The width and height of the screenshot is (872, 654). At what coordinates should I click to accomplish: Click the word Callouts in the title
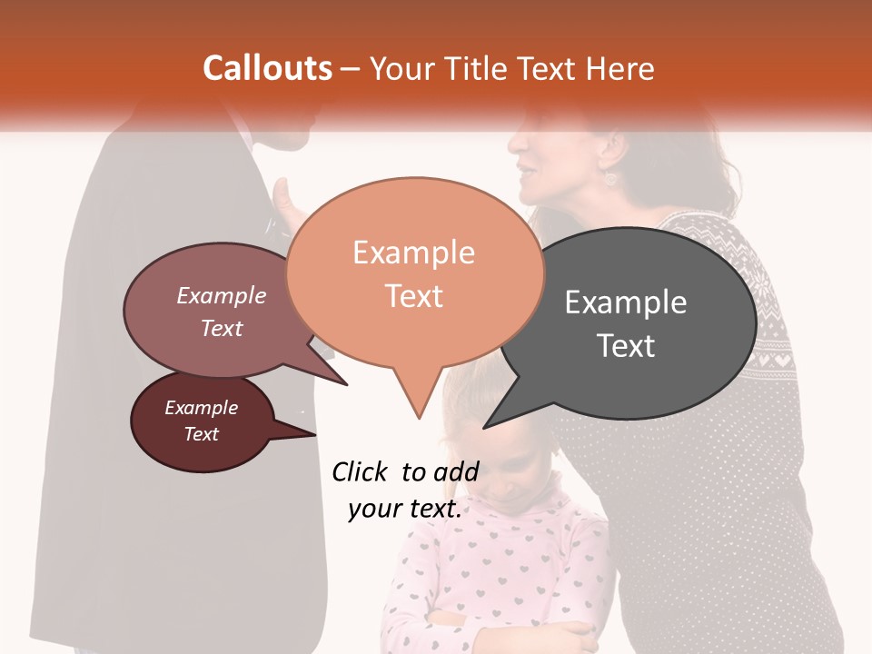[x=267, y=68]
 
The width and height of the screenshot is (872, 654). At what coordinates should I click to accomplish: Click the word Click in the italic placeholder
[x=361, y=471]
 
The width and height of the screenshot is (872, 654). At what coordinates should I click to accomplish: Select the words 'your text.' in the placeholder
[x=404, y=509]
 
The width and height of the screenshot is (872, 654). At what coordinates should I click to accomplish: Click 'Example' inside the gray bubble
[x=626, y=302]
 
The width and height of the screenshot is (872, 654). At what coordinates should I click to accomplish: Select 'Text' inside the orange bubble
[x=413, y=296]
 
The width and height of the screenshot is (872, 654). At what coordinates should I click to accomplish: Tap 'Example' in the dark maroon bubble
[x=201, y=408]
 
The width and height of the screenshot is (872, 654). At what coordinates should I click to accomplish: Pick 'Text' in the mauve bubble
[x=222, y=328]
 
